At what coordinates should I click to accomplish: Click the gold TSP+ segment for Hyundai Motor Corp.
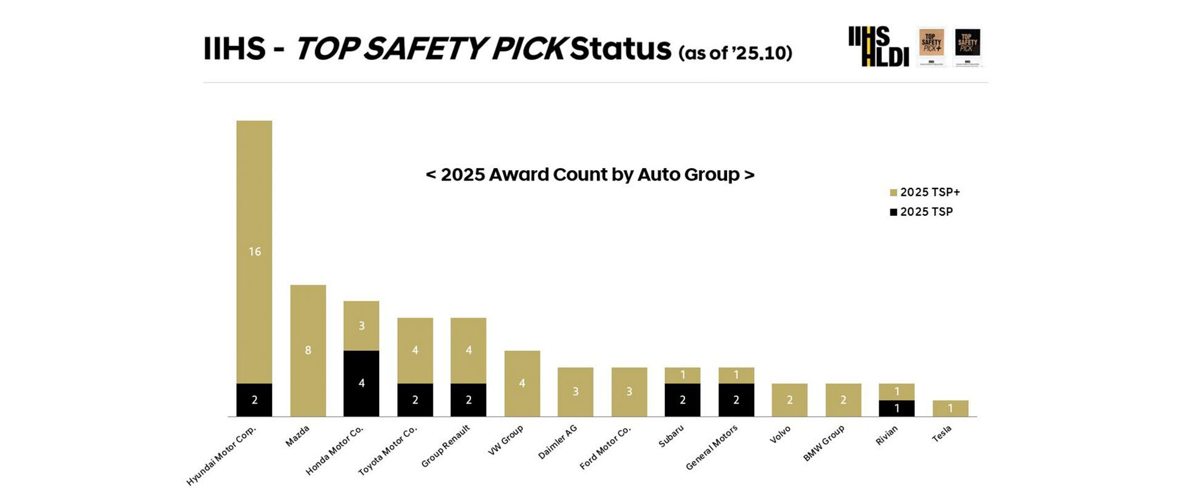coord(254,251)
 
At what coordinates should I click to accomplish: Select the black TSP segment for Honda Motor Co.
coord(361,383)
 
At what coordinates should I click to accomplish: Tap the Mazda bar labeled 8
coord(308,350)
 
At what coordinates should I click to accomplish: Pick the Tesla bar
coord(950,408)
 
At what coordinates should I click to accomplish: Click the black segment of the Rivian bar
coord(897,408)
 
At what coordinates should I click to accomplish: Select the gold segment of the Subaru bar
coord(683,375)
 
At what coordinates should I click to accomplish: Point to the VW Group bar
coord(522,383)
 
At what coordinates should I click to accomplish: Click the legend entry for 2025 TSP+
coord(925,192)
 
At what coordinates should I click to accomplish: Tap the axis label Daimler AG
coord(557,442)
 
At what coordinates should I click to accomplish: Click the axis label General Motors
coord(712,448)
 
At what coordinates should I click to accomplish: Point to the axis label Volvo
coord(780,434)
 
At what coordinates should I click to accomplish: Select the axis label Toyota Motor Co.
coord(388,450)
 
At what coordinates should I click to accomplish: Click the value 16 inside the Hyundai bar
coord(255,251)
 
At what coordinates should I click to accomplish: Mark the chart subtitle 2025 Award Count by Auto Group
coord(590,174)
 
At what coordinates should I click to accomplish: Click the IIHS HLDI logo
coord(878,46)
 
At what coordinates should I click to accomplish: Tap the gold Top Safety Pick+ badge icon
coord(931,46)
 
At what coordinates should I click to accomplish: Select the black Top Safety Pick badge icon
coord(968,46)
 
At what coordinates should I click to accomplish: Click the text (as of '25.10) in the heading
coord(735,53)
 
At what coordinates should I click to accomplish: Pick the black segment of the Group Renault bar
coord(468,400)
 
